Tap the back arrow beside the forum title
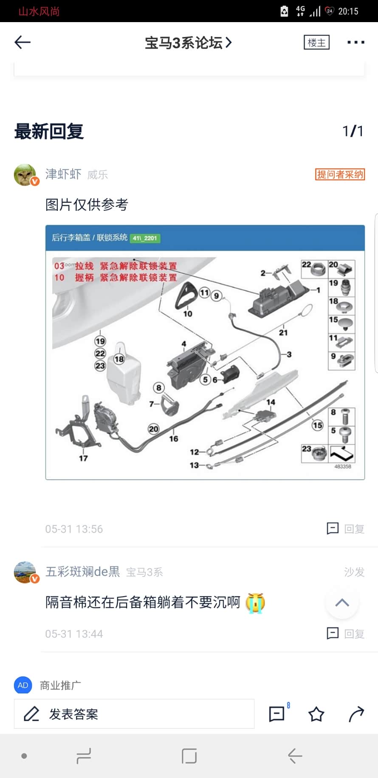point(23,42)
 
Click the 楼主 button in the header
point(316,43)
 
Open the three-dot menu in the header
point(355,42)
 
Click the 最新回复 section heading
point(49,131)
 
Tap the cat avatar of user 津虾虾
point(25,175)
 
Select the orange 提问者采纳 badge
point(340,174)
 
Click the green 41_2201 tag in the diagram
point(144,238)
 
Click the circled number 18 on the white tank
point(119,359)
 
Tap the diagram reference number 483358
point(343,466)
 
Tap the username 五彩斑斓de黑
point(83,572)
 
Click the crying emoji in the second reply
point(255,603)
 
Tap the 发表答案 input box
point(134,714)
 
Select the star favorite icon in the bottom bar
point(316,714)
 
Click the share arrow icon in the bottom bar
point(356,714)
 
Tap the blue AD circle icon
point(23,685)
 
